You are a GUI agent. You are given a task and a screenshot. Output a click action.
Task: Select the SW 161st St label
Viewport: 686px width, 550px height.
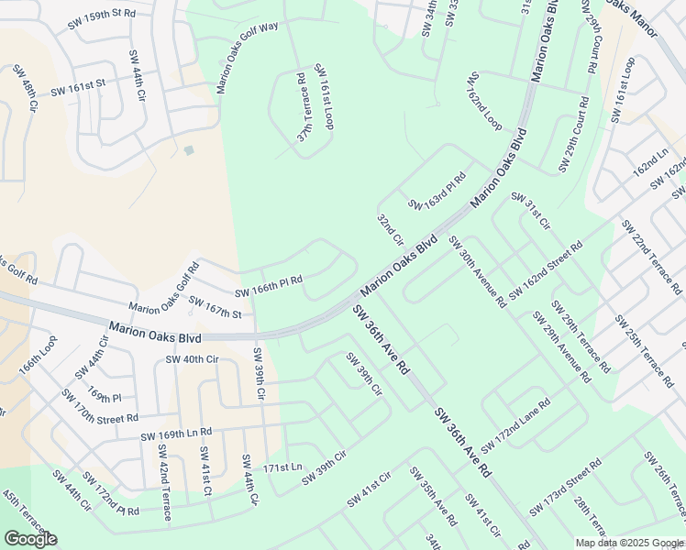(78, 89)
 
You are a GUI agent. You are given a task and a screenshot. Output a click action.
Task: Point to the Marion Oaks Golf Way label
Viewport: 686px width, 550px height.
(246, 58)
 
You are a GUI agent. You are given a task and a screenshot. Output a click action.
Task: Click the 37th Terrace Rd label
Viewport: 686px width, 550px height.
(303, 107)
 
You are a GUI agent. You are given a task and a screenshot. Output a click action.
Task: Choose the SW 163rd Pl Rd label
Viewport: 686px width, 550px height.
(437, 191)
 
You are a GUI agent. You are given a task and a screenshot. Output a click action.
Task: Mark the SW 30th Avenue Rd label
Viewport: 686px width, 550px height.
(477, 270)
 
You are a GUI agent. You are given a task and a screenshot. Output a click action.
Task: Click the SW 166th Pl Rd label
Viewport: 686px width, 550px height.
(269, 287)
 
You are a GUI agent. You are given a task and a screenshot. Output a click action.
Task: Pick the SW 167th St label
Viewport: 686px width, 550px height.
(215, 308)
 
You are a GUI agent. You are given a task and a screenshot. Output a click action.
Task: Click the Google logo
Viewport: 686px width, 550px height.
(30, 538)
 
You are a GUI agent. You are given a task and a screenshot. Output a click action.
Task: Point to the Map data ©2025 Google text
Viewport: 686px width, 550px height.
(629, 543)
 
